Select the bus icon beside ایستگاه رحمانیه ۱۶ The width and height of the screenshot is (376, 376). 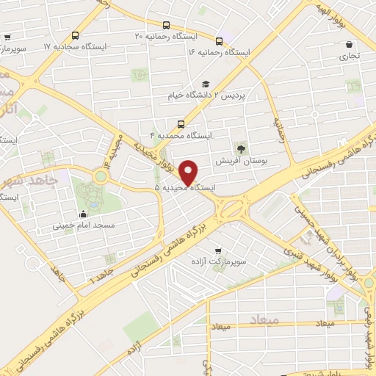point(220,40)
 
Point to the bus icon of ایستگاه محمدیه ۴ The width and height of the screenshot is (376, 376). point(181,123)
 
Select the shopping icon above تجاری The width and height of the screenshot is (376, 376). point(348,44)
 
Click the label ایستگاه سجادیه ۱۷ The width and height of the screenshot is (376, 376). point(76,46)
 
